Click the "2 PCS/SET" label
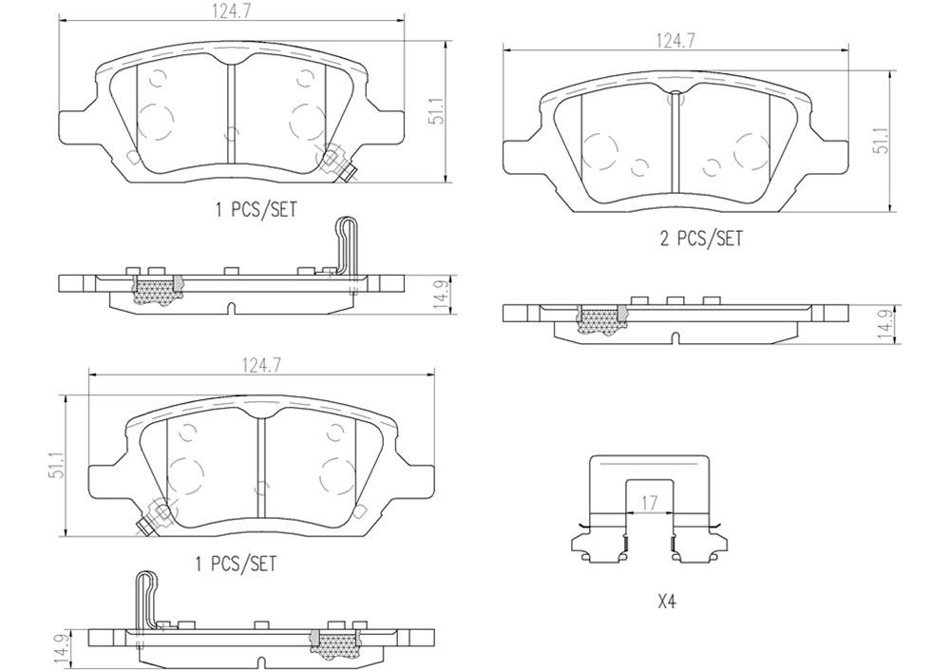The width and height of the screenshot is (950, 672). pos(701,239)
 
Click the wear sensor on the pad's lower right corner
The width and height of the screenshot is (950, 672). pos(338,164)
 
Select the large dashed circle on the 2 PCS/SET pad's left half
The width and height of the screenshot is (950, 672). pos(601,151)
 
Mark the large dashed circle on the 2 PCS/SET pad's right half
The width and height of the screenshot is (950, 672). pos(750,148)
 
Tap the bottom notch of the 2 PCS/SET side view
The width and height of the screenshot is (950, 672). pos(675,338)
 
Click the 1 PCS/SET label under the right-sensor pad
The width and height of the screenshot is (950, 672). pos(255,210)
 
